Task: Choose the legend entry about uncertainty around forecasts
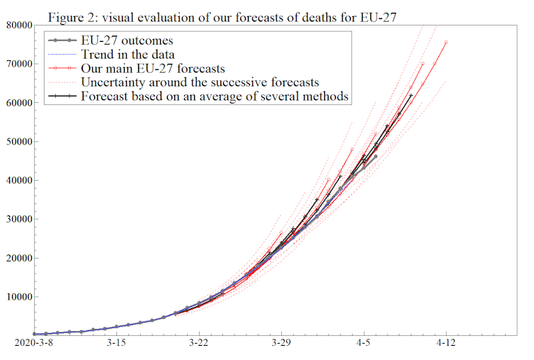coord(200,82)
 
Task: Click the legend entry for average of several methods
coord(215,96)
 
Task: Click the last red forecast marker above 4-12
coord(446,43)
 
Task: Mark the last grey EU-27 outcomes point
coord(375,157)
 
